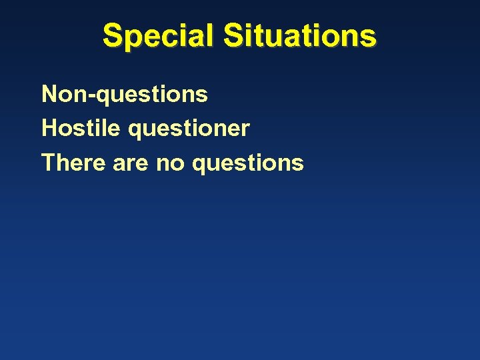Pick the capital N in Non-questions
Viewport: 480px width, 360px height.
click(50, 94)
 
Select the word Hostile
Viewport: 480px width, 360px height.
click(81, 127)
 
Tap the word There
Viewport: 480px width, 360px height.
click(74, 162)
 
